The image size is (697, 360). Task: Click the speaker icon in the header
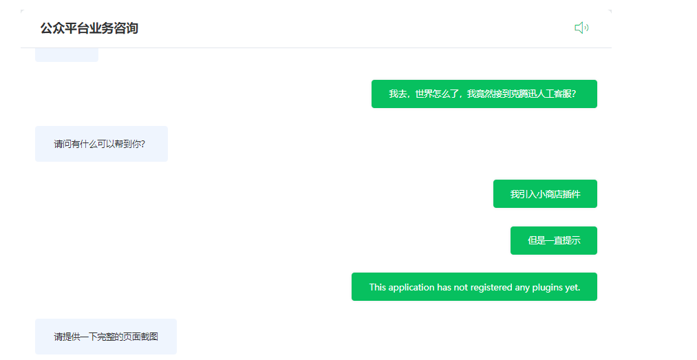581,28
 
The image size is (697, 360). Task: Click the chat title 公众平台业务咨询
89,28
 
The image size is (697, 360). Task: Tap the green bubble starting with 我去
484,94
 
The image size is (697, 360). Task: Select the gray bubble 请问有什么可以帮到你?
101,144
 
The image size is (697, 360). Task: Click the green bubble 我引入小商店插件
545,194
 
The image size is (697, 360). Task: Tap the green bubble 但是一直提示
553,240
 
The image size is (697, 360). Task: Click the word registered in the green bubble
491,287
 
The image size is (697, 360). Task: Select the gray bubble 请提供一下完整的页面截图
106,337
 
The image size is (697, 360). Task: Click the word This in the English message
378,287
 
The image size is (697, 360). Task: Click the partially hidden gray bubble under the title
67,54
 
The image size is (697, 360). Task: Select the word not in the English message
460,287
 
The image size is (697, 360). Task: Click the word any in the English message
522,287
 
